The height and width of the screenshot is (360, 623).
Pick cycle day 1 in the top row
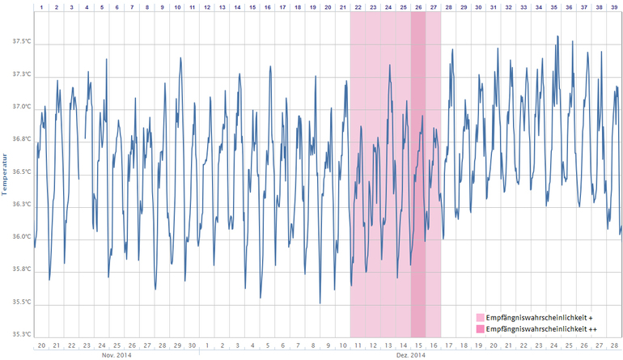click(41, 6)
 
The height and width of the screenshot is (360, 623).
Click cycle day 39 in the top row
click(613, 6)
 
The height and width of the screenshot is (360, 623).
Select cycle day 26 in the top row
click(418, 6)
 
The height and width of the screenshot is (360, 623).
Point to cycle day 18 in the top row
click(298, 6)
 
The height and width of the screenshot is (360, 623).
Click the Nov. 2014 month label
click(117, 355)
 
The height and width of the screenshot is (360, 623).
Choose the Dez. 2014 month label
click(410, 355)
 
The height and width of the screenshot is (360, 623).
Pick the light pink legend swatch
click(481, 318)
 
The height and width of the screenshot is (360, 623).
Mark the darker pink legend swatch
click(481, 329)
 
